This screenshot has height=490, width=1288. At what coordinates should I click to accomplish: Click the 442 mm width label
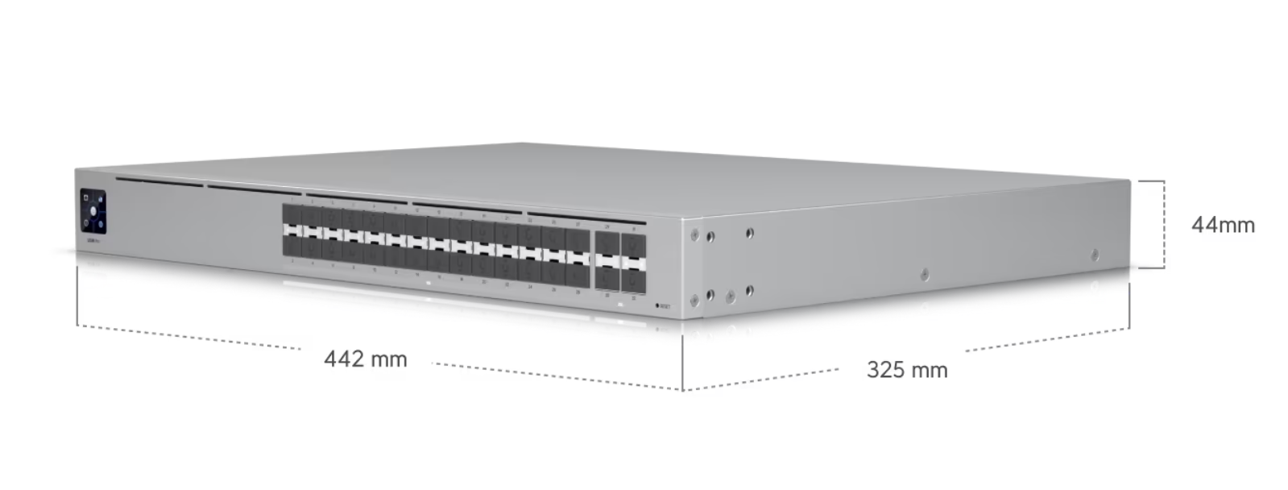(x=366, y=359)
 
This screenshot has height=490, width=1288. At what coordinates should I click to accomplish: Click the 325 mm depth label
(x=907, y=370)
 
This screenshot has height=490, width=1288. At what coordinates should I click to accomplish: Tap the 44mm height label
(x=1223, y=225)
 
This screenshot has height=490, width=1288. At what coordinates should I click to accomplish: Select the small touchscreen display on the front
(x=93, y=210)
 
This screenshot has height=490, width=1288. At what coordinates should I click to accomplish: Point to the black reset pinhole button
(x=658, y=306)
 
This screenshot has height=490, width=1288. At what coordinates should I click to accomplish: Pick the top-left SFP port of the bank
(x=292, y=218)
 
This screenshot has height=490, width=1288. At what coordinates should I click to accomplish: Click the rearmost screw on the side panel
(x=1094, y=255)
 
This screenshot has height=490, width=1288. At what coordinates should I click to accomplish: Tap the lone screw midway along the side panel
(x=924, y=274)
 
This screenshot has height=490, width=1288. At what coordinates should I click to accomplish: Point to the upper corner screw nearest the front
(x=694, y=235)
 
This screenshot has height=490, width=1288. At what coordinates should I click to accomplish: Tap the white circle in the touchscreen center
(x=93, y=212)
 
